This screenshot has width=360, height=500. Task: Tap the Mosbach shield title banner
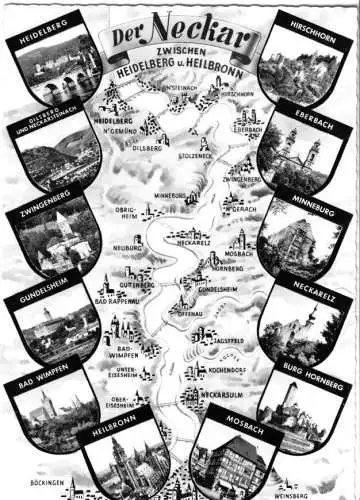click(x=233, y=417)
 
